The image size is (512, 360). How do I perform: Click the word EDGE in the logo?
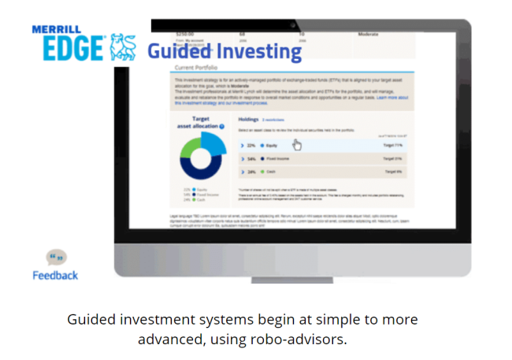pos(69,47)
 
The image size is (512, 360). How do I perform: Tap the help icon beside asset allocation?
pos(222,127)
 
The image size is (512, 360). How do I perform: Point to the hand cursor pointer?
pos(297,144)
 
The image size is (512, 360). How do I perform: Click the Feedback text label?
pos(55,276)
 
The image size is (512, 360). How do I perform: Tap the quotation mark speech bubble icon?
pos(55,258)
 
